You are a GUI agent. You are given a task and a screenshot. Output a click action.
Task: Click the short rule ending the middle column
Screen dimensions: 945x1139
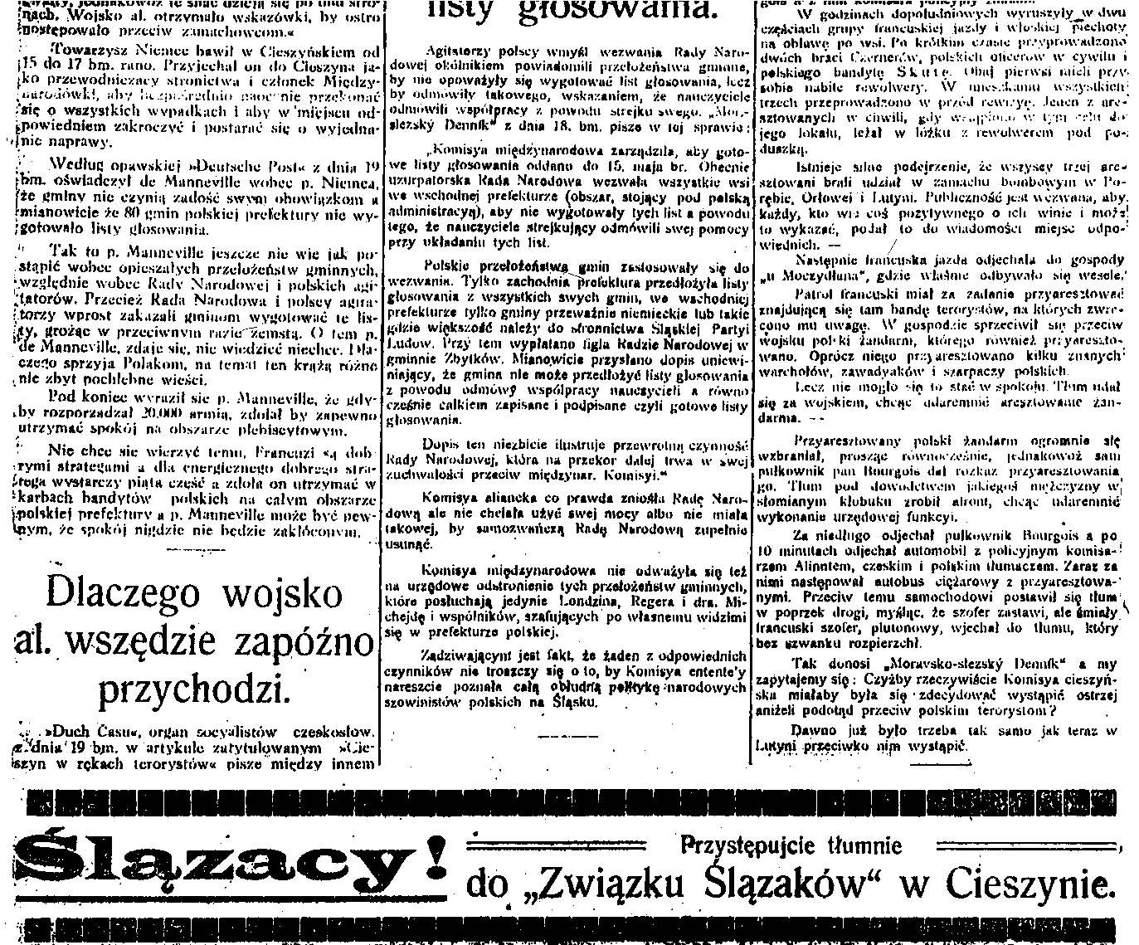pyautogui.click(x=562, y=735)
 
